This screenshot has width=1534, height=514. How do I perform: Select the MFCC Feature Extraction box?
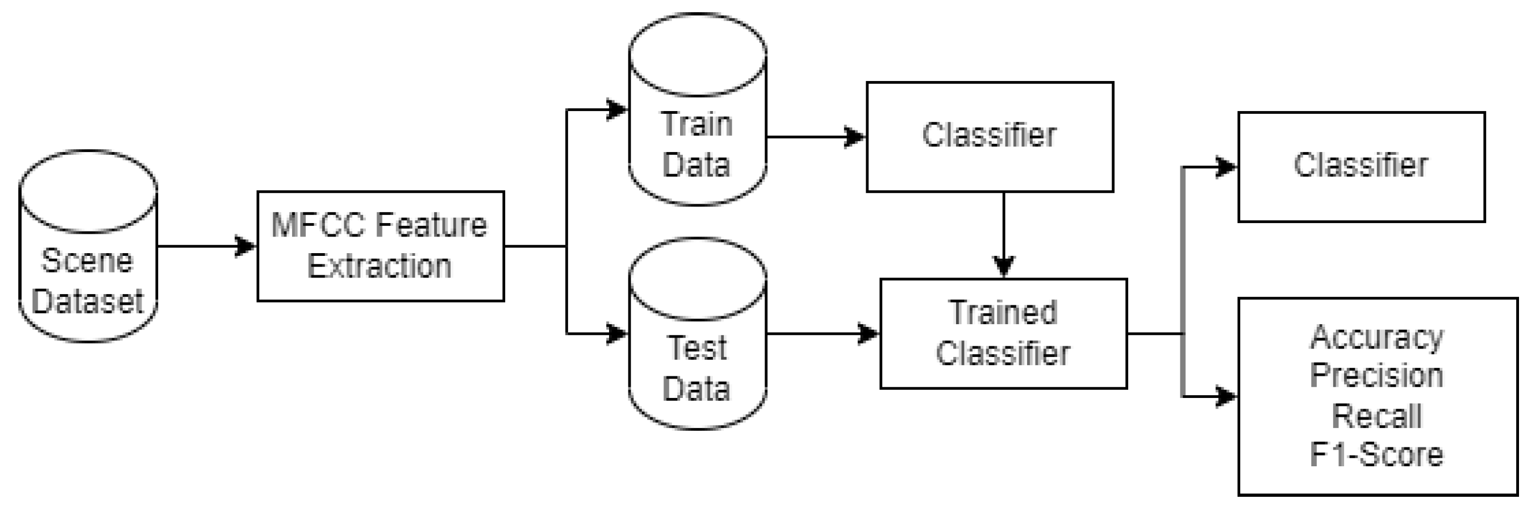coord(380,246)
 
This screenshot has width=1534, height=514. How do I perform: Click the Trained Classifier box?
coord(1003,334)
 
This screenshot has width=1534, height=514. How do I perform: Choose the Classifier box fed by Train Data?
coord(989,137)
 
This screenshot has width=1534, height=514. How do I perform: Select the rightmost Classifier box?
coord(1361,166)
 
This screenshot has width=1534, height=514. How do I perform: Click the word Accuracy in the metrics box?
coord(1376,337)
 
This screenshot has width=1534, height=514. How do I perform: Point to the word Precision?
coord(1376,376)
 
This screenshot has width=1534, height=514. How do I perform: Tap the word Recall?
coord(1376,416)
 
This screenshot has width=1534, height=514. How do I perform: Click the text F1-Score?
coord(1376,455)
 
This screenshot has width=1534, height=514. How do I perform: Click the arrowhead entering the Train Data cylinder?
coord(617,109)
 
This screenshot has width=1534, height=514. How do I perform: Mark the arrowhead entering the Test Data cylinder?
coord(617,334)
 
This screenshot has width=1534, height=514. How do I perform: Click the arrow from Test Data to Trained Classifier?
coord(822,334)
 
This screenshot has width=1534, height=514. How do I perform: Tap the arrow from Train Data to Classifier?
coord(816,137)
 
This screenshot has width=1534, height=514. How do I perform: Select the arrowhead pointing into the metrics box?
coord(1225,396)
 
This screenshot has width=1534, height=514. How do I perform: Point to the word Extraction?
coord(379,266)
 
